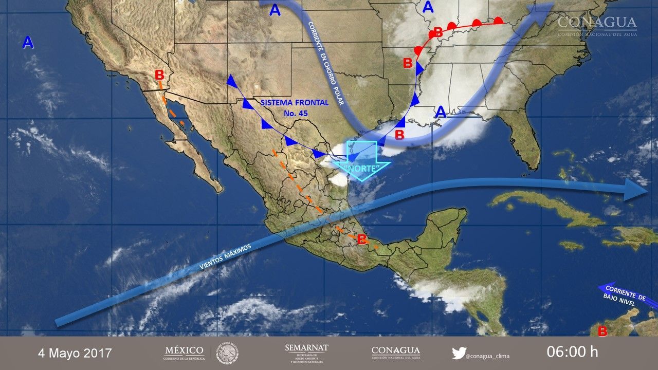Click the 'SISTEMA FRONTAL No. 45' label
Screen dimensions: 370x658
pos(294,107)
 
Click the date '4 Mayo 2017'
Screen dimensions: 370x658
pos(75,353)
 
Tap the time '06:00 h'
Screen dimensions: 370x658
pos(572,352)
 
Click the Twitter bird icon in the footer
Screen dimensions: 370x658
pos(459,353)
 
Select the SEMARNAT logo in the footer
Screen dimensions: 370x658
pos(306,353)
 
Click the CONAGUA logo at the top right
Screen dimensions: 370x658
pos(597,26)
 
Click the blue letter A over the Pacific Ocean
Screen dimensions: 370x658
pos(28,43)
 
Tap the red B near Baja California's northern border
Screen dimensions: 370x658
pos(159,75)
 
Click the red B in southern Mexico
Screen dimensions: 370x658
pos(362,239)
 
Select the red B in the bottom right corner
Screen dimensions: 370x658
pos(602,331)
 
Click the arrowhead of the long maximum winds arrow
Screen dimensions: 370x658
pos(637,190)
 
